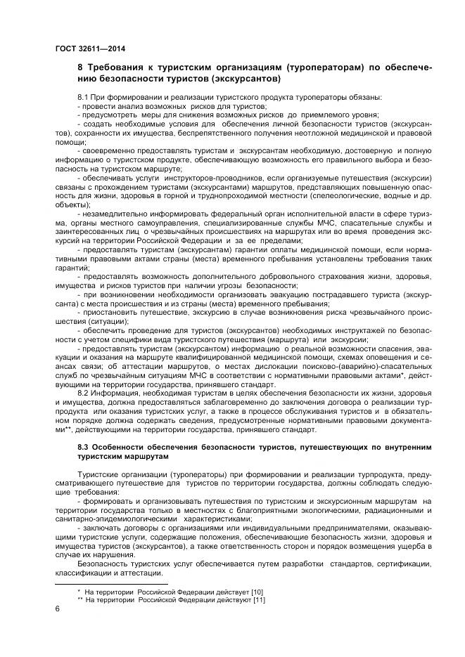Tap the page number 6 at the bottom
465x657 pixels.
[57, 609]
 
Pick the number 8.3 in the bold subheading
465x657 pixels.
[85, 446]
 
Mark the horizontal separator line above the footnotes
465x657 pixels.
[110, 584]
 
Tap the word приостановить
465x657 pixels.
[113, 311]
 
